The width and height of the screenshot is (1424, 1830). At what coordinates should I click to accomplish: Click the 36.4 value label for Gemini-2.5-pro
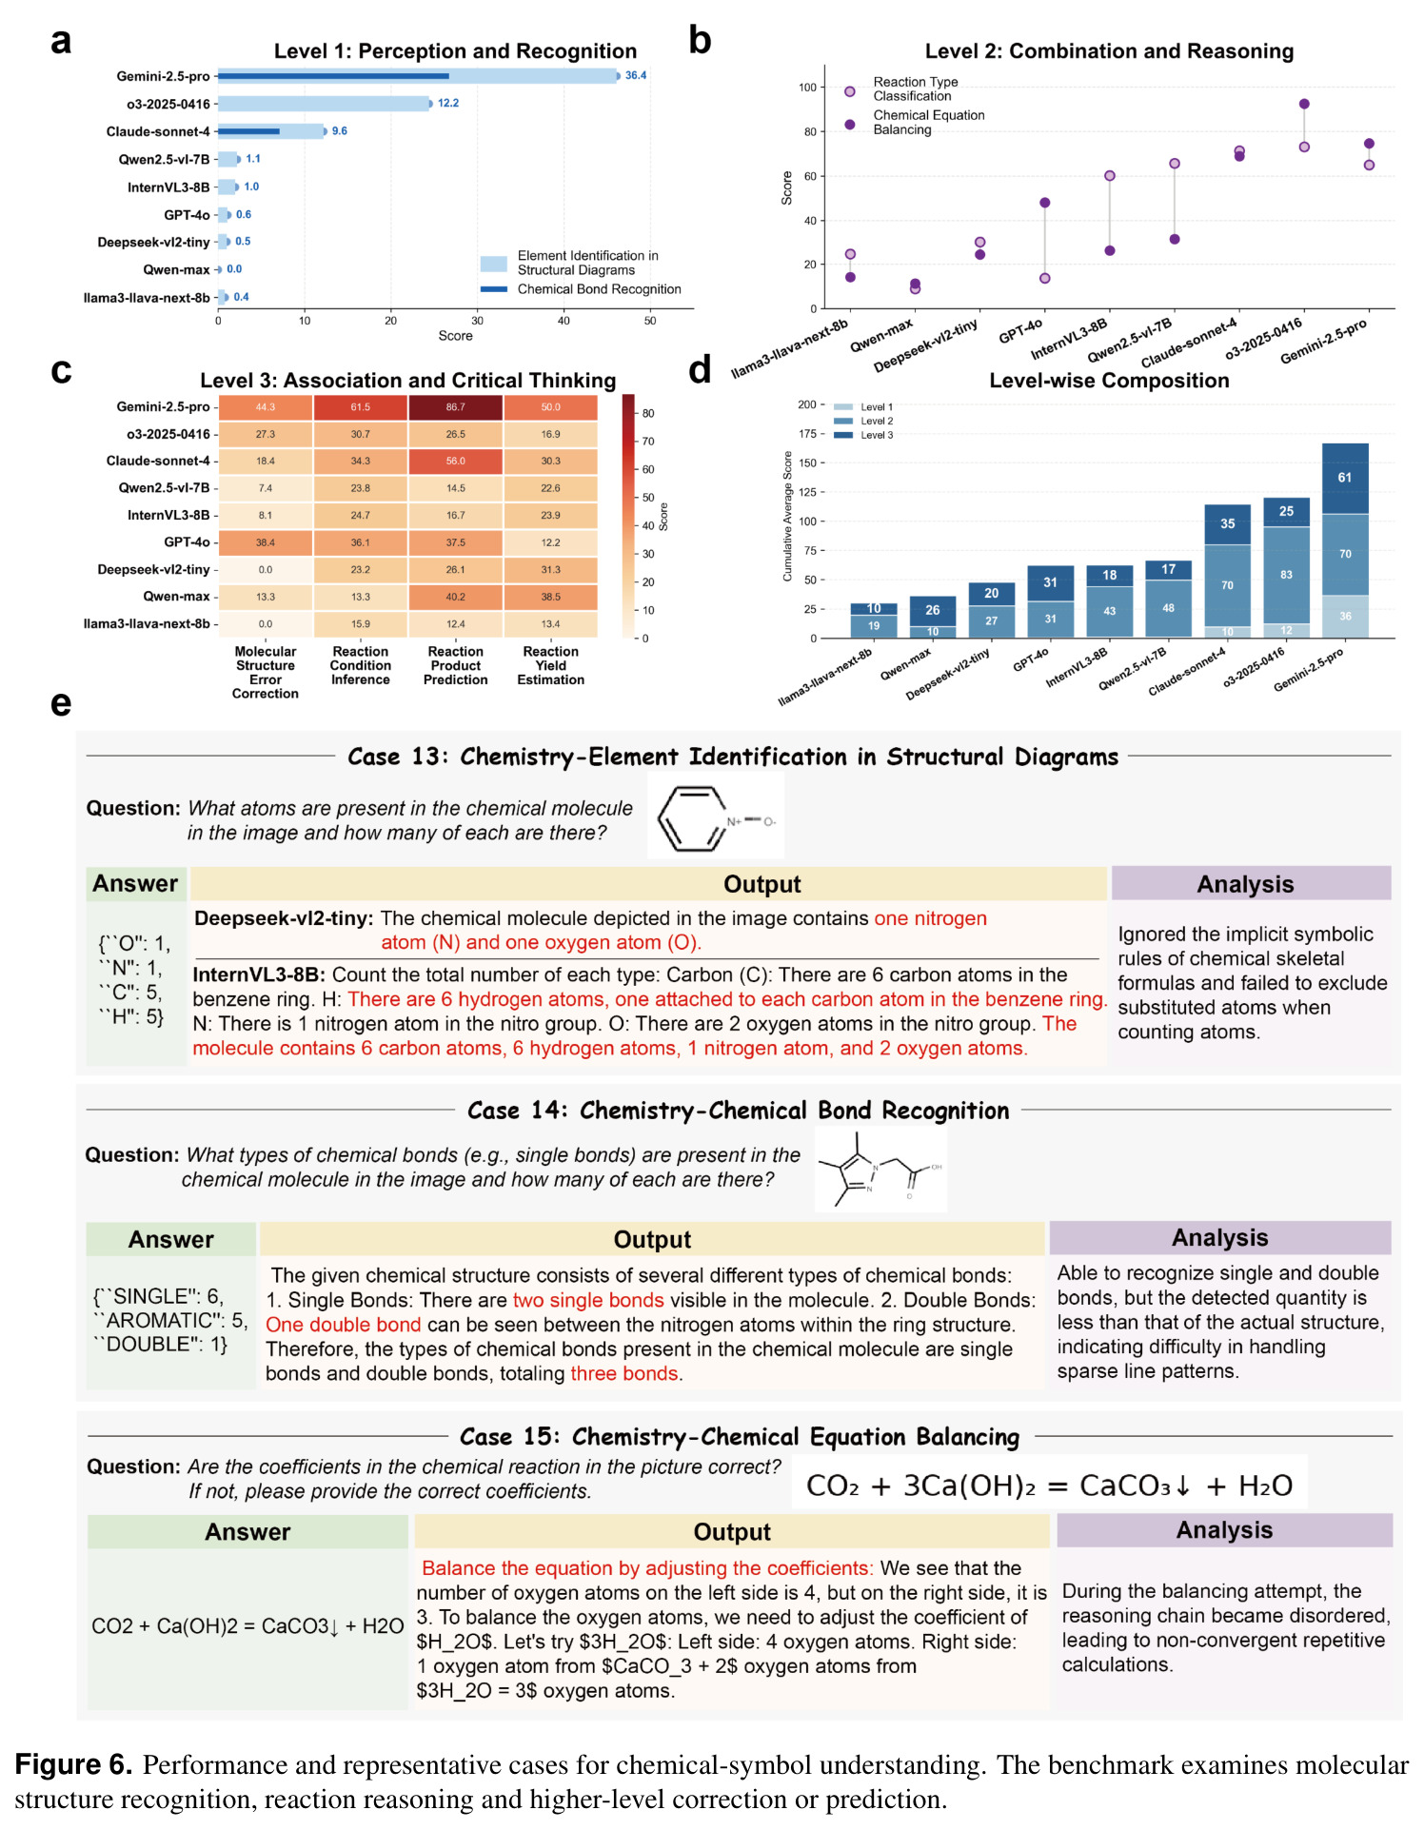pos(635,75)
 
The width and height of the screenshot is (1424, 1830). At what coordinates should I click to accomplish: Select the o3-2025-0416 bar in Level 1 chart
pos(325,104)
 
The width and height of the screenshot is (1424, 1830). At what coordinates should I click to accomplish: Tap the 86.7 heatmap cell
pos(456,407)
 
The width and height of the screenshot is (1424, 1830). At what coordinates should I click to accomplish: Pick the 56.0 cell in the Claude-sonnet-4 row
pos(456,462)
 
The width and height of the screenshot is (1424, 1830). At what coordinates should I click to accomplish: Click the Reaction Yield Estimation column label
pos(551,665)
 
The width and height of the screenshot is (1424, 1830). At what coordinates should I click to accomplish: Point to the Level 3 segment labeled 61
pos(1345,479)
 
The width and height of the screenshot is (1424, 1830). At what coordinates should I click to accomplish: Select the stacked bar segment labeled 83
pos(1286,575)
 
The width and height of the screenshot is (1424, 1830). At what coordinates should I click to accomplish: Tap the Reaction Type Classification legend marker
pos(850,91)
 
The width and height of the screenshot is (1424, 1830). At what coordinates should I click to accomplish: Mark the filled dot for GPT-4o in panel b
pos(1045,203)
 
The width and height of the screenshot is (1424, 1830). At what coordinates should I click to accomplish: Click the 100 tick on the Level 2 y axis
pos(807,88)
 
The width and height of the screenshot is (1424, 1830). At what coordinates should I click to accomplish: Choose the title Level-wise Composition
pos(1109,381)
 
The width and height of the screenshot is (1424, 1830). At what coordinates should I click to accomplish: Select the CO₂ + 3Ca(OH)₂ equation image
pos(1049,1485)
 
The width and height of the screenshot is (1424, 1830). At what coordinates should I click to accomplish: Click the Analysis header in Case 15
pos(1224,1530)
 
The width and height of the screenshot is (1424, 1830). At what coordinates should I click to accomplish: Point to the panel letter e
pos(61,704)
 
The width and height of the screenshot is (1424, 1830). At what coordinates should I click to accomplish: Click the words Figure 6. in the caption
pos(73,1764)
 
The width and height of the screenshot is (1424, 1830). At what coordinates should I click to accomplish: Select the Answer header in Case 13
pos(136,884)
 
